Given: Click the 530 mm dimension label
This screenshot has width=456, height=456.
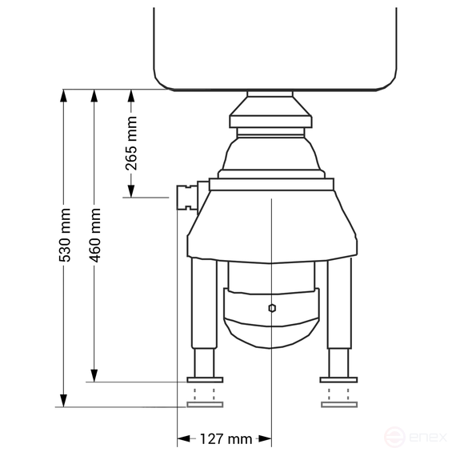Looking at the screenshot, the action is pyautogui.click(x=65, y=235).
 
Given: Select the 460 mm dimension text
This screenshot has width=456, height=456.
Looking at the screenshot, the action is pyautogui.click(x=95, y=235).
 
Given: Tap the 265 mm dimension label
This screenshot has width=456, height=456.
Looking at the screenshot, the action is pyautogui.click(x=131, y=143).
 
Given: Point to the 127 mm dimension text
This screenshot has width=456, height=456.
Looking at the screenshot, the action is pyautogui.click(x=226, y=439).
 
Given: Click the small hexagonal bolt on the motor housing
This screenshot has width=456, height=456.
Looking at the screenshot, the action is pyautogui.click(x=272, y=308).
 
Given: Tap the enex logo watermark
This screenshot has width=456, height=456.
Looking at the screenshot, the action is pyautogui.click(x=415, y=437).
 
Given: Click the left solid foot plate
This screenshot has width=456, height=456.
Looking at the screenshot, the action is pyautogui.click(x=205, y=380).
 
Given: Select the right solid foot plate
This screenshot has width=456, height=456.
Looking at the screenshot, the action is pyautogui.click(x=338, y=380).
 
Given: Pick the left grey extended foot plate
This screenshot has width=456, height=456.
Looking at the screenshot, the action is pyautogui.click(x=205, y=405).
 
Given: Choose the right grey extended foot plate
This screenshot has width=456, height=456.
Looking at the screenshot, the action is pyautogui.click(x=339, y=405).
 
